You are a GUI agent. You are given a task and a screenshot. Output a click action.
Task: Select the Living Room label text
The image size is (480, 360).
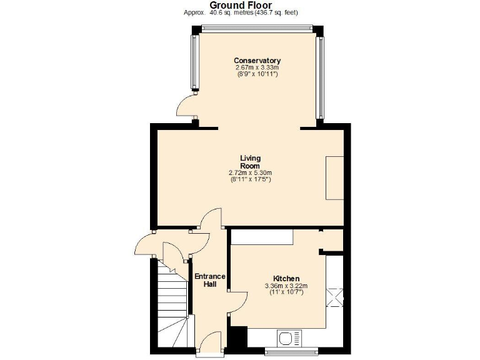tap(250, 162)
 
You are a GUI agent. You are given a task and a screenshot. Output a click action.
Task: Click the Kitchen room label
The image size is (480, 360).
tap(286, 278)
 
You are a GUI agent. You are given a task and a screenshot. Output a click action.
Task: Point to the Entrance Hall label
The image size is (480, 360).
tap(209, 280)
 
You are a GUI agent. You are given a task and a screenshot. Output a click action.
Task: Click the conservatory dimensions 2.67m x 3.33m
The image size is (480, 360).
tap(257, 67)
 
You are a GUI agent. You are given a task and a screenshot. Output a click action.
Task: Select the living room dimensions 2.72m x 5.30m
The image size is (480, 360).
tap(250, 173)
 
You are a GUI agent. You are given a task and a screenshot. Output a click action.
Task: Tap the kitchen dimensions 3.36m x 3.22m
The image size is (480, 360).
tap(286, 286)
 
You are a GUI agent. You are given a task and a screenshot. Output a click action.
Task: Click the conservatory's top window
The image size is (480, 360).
tap(257, 27)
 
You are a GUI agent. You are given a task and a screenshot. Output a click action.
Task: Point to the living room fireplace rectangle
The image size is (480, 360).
tap(334, 177)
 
